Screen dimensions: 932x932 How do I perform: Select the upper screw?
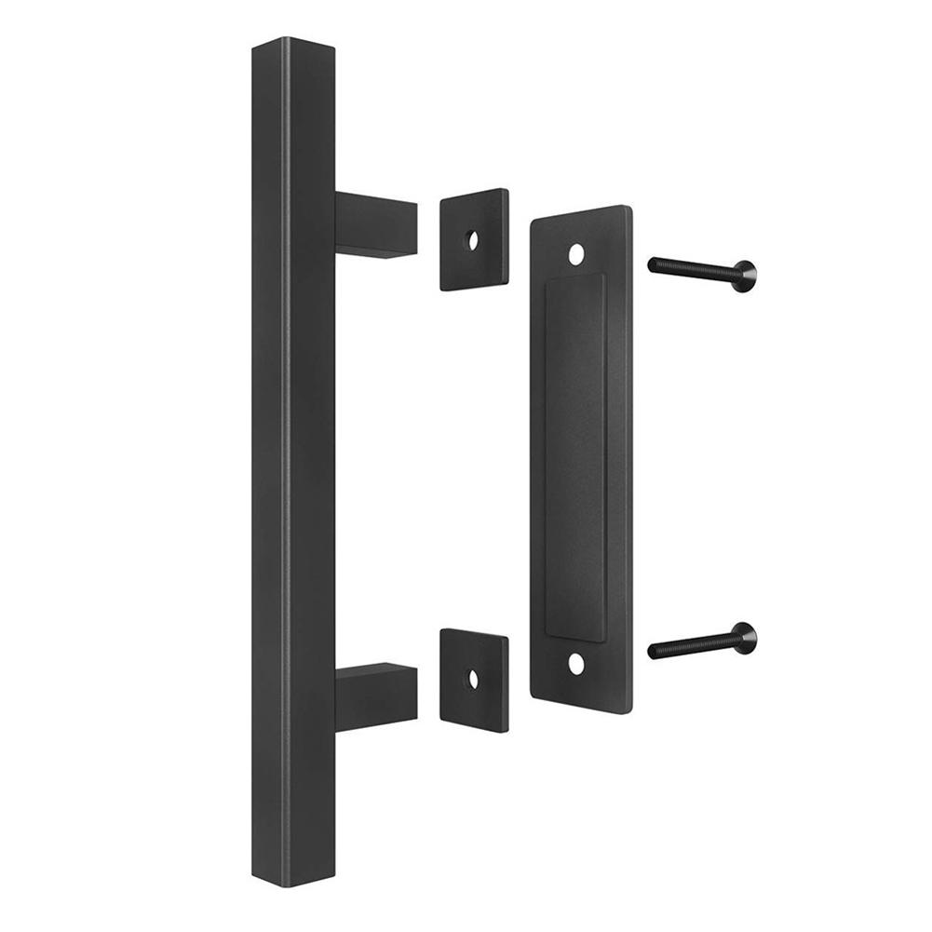702,271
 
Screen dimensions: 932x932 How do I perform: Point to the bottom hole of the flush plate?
577,663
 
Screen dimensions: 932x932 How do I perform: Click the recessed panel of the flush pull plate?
574,456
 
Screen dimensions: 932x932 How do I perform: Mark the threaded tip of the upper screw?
654,266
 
